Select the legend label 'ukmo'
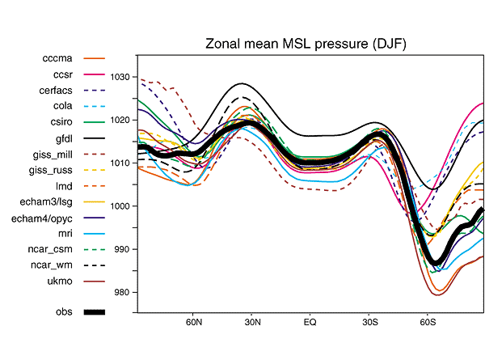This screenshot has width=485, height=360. click(60, 282)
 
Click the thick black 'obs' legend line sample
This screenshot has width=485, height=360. click(94, 311)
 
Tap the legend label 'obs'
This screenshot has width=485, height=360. click(64, 311)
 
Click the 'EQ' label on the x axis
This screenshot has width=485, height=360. click(310, 322)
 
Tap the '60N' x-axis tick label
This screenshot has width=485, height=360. click(193, 322)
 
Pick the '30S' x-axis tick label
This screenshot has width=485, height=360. click(369, 322)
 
